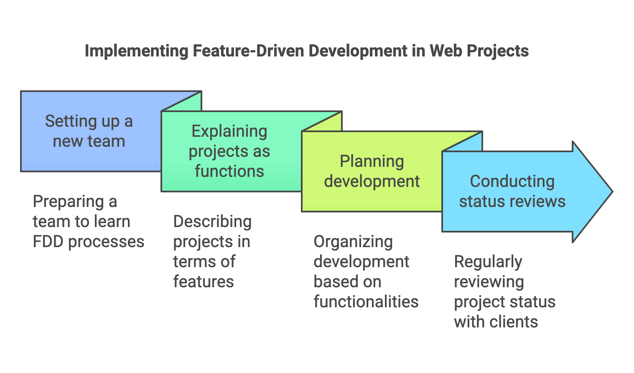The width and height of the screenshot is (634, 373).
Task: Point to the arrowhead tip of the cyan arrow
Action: tap(611, 192)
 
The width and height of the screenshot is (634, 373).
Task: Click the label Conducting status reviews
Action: tap(512, 192)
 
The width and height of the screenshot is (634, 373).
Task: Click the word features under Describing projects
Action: tap(204, 282)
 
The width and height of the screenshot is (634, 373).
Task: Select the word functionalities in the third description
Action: tap(366, 302)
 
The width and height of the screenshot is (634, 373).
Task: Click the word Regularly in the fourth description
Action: tap(488, 262)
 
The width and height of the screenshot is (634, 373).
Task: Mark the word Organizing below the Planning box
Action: tap(353, 242)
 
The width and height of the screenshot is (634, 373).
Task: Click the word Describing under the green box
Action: tap(212, 222)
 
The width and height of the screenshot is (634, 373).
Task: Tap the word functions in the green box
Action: tap(229, 171)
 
